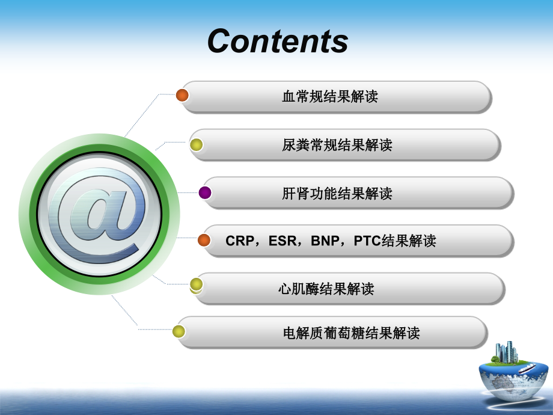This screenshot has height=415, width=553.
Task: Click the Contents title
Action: [x=278, y=41]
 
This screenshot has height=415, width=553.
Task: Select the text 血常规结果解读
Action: [x=330, y=96]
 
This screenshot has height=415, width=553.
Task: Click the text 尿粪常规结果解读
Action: [x=337, y=145]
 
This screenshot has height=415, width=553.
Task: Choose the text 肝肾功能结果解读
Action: [x=337, y=193]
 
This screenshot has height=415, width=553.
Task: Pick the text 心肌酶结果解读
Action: [x=326, y=289]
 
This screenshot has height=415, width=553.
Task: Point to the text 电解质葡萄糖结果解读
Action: [x=351, y=333]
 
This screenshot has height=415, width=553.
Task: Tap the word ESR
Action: [x=283, y=241]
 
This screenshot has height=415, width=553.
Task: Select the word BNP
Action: [x=326, y=241]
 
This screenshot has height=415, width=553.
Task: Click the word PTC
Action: [x=367, y=241]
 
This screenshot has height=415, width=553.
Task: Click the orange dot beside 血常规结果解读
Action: [x=182, y=95]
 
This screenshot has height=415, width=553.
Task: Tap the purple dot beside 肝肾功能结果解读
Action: [x=205, y=192]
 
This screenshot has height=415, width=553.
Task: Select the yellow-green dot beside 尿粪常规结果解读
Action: [x=196, y=145]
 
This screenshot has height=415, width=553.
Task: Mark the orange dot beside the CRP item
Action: [x=204, y=241]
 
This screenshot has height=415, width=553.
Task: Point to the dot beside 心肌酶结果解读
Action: [x=196, y=284]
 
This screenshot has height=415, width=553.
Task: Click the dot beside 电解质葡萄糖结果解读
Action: [x=179, y=331]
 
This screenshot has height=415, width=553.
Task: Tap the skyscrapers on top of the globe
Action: [x=506, y=352]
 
